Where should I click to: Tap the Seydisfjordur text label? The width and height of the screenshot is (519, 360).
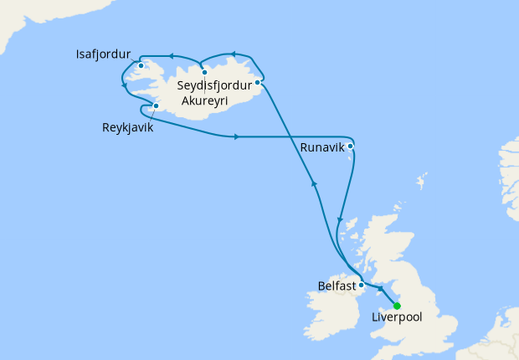tap(217, 85)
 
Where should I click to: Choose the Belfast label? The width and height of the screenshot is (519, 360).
tap(337, 285)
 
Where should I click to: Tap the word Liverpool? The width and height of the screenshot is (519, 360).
tap(398, 318)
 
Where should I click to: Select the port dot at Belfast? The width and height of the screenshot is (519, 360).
tap(361, 284)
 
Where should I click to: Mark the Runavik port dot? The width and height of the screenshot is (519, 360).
tap(351, 147)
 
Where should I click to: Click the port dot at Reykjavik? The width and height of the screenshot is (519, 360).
tap(157, 106)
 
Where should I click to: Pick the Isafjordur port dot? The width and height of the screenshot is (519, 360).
tap(141, 66)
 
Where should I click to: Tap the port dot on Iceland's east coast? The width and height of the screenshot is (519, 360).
tap(258, 82)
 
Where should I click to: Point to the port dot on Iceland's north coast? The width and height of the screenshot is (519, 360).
tap(204, 72)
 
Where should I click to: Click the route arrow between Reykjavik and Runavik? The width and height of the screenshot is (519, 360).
tap(239, 136)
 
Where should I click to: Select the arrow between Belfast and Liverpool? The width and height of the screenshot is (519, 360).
tap(379, 290)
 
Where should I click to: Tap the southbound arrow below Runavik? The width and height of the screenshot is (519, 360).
tap(338, 221)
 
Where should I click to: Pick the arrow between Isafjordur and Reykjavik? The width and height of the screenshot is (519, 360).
tap(124, 86)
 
